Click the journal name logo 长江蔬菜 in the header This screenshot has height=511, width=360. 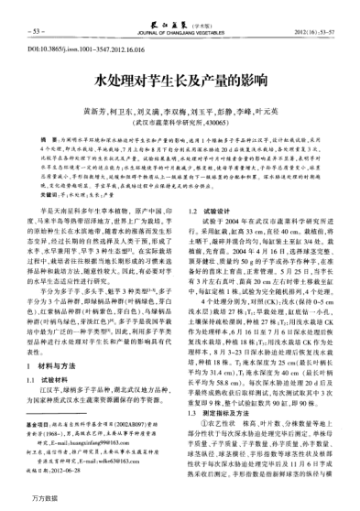click(x=179, y=7)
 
